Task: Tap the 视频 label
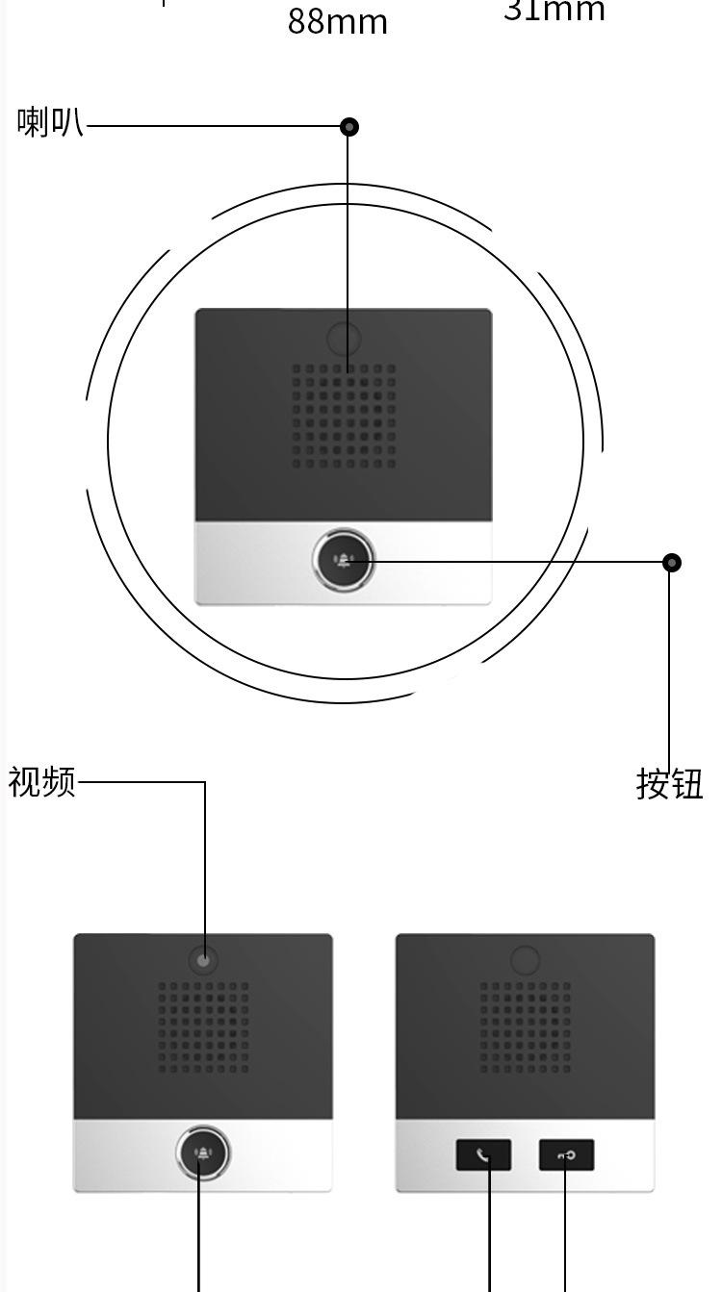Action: (42, 782)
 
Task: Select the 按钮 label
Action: (669, 784)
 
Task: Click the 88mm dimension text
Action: (337, 21)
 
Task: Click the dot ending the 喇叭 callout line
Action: (349, 126)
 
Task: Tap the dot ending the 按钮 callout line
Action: (672, 562)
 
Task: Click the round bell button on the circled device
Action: (343, 561)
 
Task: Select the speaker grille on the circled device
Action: (344, 416)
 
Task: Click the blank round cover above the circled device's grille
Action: (344, 339)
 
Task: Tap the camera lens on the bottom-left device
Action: (203, 960)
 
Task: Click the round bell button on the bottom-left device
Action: (202, 1153)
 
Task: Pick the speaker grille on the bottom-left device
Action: (203, 1026)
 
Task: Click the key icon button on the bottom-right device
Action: (566, 1154)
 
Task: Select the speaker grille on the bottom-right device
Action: (525, 1026)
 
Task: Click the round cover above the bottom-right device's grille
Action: (525, 960)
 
